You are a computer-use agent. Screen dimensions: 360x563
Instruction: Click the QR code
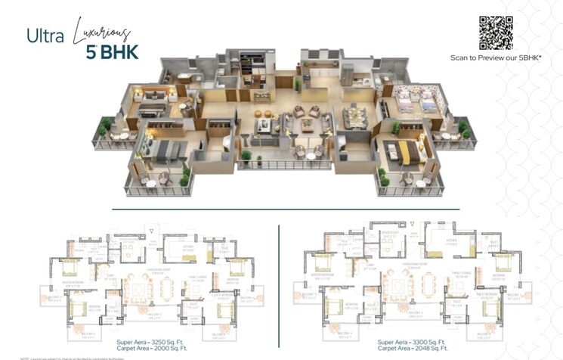coord(496,33)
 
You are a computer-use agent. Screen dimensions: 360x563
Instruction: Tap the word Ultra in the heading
coord(43,36)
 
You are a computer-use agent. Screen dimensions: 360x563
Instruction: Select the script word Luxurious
coord(102,31)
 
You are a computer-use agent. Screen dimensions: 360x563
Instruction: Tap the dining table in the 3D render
coord(354,117)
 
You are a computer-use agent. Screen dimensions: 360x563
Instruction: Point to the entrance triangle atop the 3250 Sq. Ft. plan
coord(153,228)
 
